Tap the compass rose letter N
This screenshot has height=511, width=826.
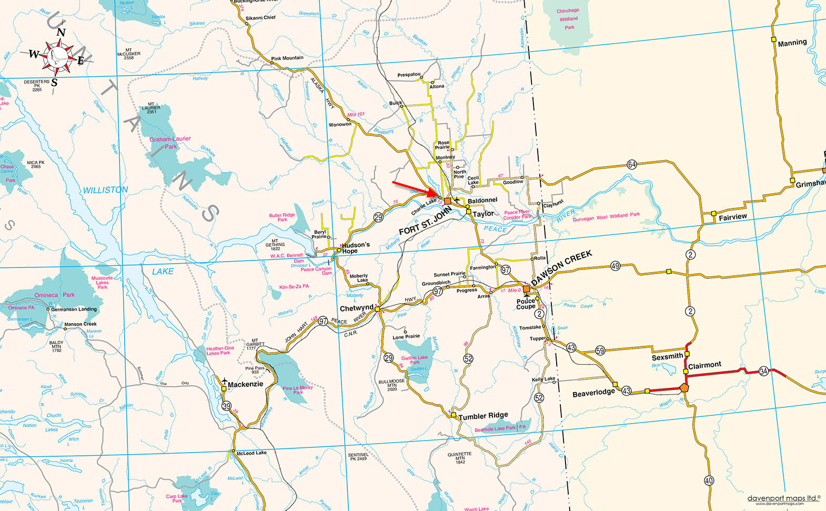click(61, 33)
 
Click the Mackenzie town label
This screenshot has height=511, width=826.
click(245, 385)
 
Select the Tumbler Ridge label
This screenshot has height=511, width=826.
click(483, 416)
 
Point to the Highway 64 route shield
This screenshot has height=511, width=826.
click(632, 164)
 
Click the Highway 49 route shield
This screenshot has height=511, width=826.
click(615, 266)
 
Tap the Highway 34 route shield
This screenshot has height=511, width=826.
click(763, 372)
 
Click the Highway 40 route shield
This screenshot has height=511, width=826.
click(709, 480)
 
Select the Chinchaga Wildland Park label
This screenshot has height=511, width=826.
click(568, 19)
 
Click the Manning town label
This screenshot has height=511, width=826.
click(792, 43)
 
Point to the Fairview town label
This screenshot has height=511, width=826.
click(732, 217)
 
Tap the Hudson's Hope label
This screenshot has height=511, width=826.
click(356, 248)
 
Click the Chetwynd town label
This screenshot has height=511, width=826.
click(356, 308)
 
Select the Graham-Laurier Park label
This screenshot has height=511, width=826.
click(170, 143)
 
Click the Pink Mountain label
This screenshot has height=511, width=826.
click(287, 58)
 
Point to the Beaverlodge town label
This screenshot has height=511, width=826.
click(593, 393)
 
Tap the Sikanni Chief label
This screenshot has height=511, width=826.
click(260, 18)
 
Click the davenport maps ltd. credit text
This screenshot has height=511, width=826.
click(783, 498)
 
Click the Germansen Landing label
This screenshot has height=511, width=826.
click(74, 309)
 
